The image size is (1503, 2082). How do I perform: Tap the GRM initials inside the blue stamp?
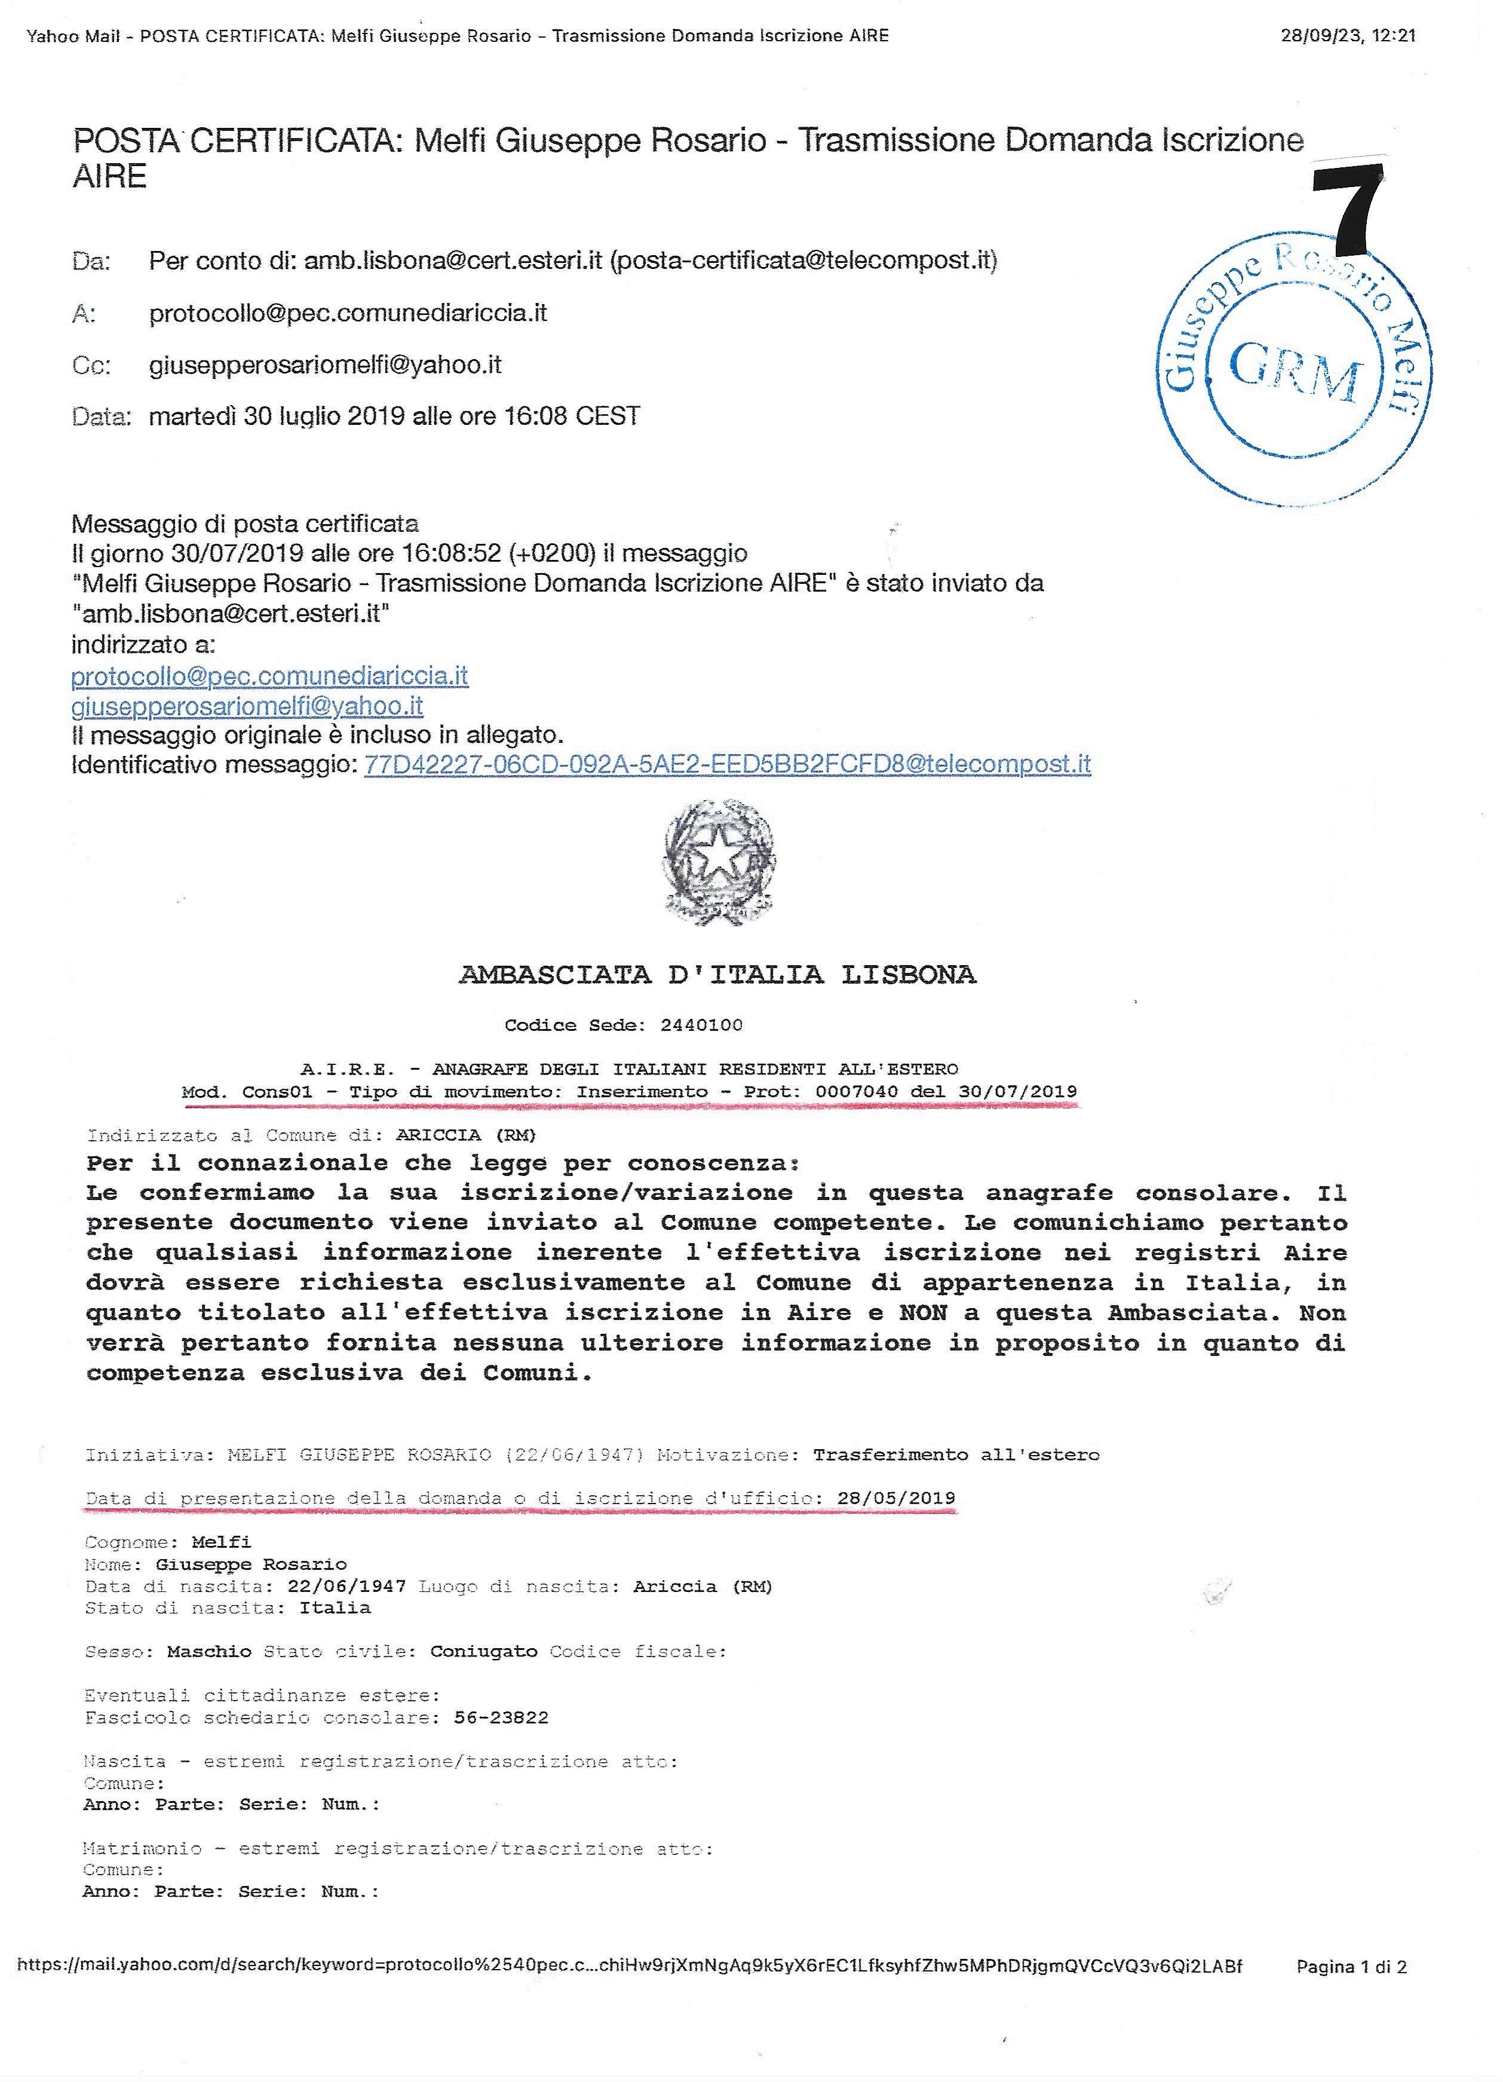pyautogui.click(x=1295, y=371)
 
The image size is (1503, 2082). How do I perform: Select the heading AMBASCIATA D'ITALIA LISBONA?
pyautogui.click(x=717, y=974)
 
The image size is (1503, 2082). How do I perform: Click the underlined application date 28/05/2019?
pyautogui.click(x=895, y=1498)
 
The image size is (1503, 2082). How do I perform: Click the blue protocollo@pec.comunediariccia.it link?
pyautogui.click(x=270, y=676)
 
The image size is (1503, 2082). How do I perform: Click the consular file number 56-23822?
pyautogui.click(x=501, y=1717)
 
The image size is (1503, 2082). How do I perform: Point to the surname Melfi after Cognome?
pyautogui.click(x=221, y=1542)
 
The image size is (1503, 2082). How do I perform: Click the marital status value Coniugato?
pyautogui.click(x=483, y=1652)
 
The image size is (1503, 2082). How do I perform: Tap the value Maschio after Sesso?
pyautogui.click(x=209, y=1652)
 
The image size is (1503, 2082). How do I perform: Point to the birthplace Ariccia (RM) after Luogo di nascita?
pyautogui.click(x=702, y=1586)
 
